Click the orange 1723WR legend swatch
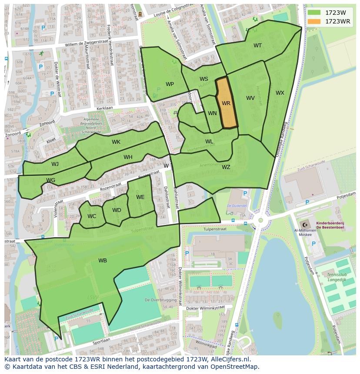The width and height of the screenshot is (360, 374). pyautogui.click(x=314, y=21)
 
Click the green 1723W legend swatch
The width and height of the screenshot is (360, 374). pyautogui.click(x=314, y=13)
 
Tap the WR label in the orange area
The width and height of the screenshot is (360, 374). pyautogui.click(x=226, y=103)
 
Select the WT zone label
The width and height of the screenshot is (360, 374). pyautogui.click(x=258, y=46)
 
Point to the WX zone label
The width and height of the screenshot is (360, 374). pyautogui.click(x=280, y=93)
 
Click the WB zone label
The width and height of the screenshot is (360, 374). pyautogui.click(x=103, y=261)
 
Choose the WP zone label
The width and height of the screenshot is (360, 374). pyautogui.click(x=170, y=84)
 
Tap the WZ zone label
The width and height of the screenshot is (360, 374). pyautogui.click(x=226, y=167)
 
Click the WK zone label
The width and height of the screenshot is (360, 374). pyautogui.click(x=116, y=142)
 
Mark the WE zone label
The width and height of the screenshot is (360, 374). pyautogui.click(x=140, y=197)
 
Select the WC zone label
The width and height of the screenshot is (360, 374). pyautogui.click(x=92, y=216)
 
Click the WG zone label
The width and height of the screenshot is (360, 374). pyautogui.click(x=50, y=180)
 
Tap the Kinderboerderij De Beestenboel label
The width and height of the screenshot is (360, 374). pyautogui.click(x=330, y=225)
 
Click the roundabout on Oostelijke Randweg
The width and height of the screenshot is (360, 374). pyautogui.click(x=260, y=220)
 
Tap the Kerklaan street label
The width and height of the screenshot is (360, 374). pyautogui.click(x=105, y=107)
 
